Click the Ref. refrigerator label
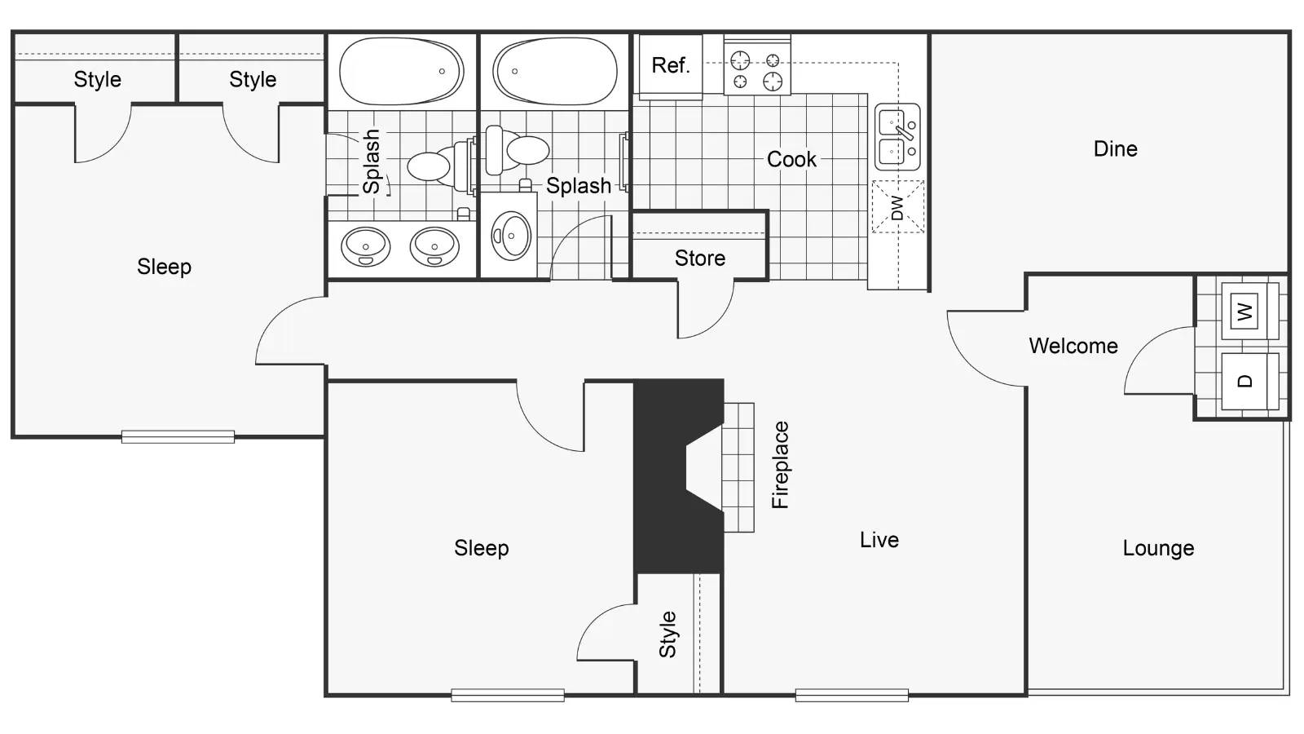click(x=670, y=65)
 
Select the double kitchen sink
click(x=896, y=136)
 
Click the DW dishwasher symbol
click(x=897, y=207)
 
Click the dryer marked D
click(x=1245, y=381)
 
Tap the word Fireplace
click(x=781, y=465)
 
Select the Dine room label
click(x=1115, y=149)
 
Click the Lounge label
click(x=1157, y=548)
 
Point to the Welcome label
click(x=1073, y=346)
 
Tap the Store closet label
click(x=699, y=259)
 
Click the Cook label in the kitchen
click(x=791, y=159)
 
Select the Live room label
click(x=879, y=540)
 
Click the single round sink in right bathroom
click(x=511, y=237)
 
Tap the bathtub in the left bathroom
click(x=401, y=71)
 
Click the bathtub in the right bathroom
click(x=554, y=71)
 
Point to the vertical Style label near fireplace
click(x=667, y=635)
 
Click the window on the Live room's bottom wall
click(x=852, y=696)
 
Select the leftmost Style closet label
click(x=97, y=80)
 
